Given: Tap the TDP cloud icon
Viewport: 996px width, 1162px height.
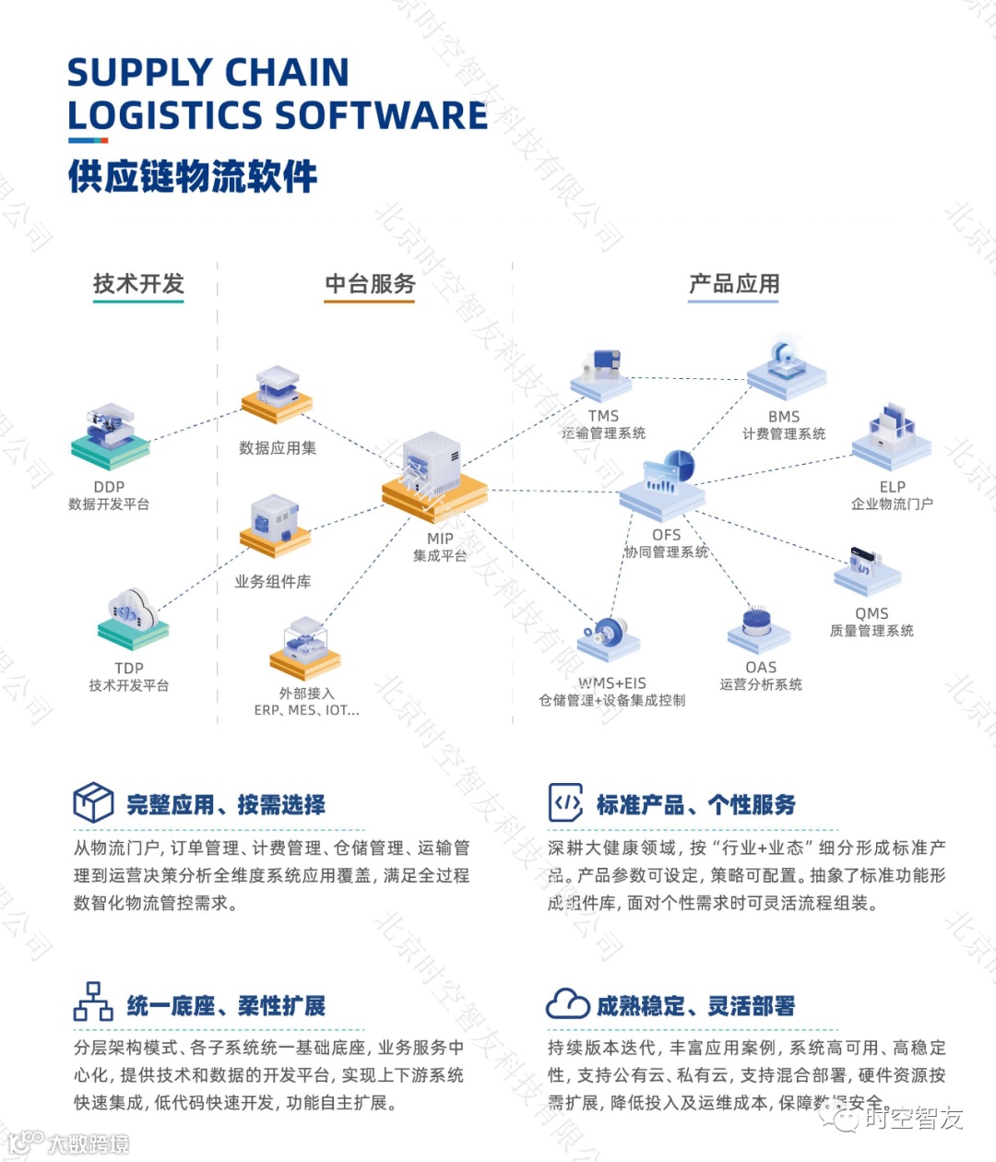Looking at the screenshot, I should (133, 616).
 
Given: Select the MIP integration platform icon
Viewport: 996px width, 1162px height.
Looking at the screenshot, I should (434, 476).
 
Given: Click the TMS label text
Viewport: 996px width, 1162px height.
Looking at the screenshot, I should (603, 416).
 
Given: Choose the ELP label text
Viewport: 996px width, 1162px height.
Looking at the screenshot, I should (892, 486).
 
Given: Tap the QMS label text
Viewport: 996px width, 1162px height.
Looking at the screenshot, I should (871, 613).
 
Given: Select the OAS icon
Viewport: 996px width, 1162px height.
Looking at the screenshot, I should (759, 628).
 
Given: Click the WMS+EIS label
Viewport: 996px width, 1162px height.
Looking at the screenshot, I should (612, 683).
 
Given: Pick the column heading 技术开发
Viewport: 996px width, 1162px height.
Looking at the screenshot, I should (138, 284).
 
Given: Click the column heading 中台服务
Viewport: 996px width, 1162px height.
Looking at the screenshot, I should (370, 284).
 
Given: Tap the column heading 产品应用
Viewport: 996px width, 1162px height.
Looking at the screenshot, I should (734, 284).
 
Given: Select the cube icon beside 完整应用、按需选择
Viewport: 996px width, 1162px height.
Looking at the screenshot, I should (93, 802).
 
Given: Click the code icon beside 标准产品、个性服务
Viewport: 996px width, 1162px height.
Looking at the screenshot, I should (565, 802).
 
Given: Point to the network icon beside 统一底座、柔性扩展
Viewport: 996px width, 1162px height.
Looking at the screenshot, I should (93, 1002).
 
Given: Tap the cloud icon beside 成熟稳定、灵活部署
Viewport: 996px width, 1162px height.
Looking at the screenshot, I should (567, 1003).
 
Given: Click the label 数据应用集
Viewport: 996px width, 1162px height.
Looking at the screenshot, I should (278, 448).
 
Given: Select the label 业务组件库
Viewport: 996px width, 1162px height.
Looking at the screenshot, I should (272, 582).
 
